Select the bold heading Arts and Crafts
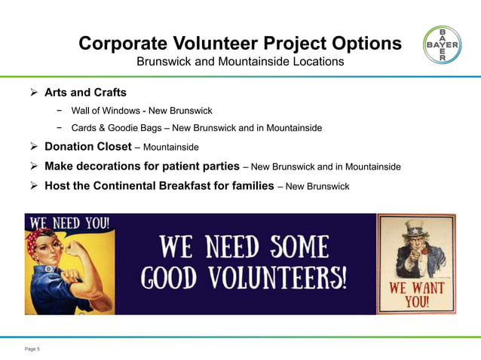click(x=85, y=93)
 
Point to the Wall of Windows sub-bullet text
click(x=142, y=111)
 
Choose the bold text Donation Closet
click(x=87, y=146)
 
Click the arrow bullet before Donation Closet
click(x=32, y=146)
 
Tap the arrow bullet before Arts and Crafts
click(x=32, y=93)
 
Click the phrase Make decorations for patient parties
click(x=142, y=166)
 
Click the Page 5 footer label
click(x=32, y=349)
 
